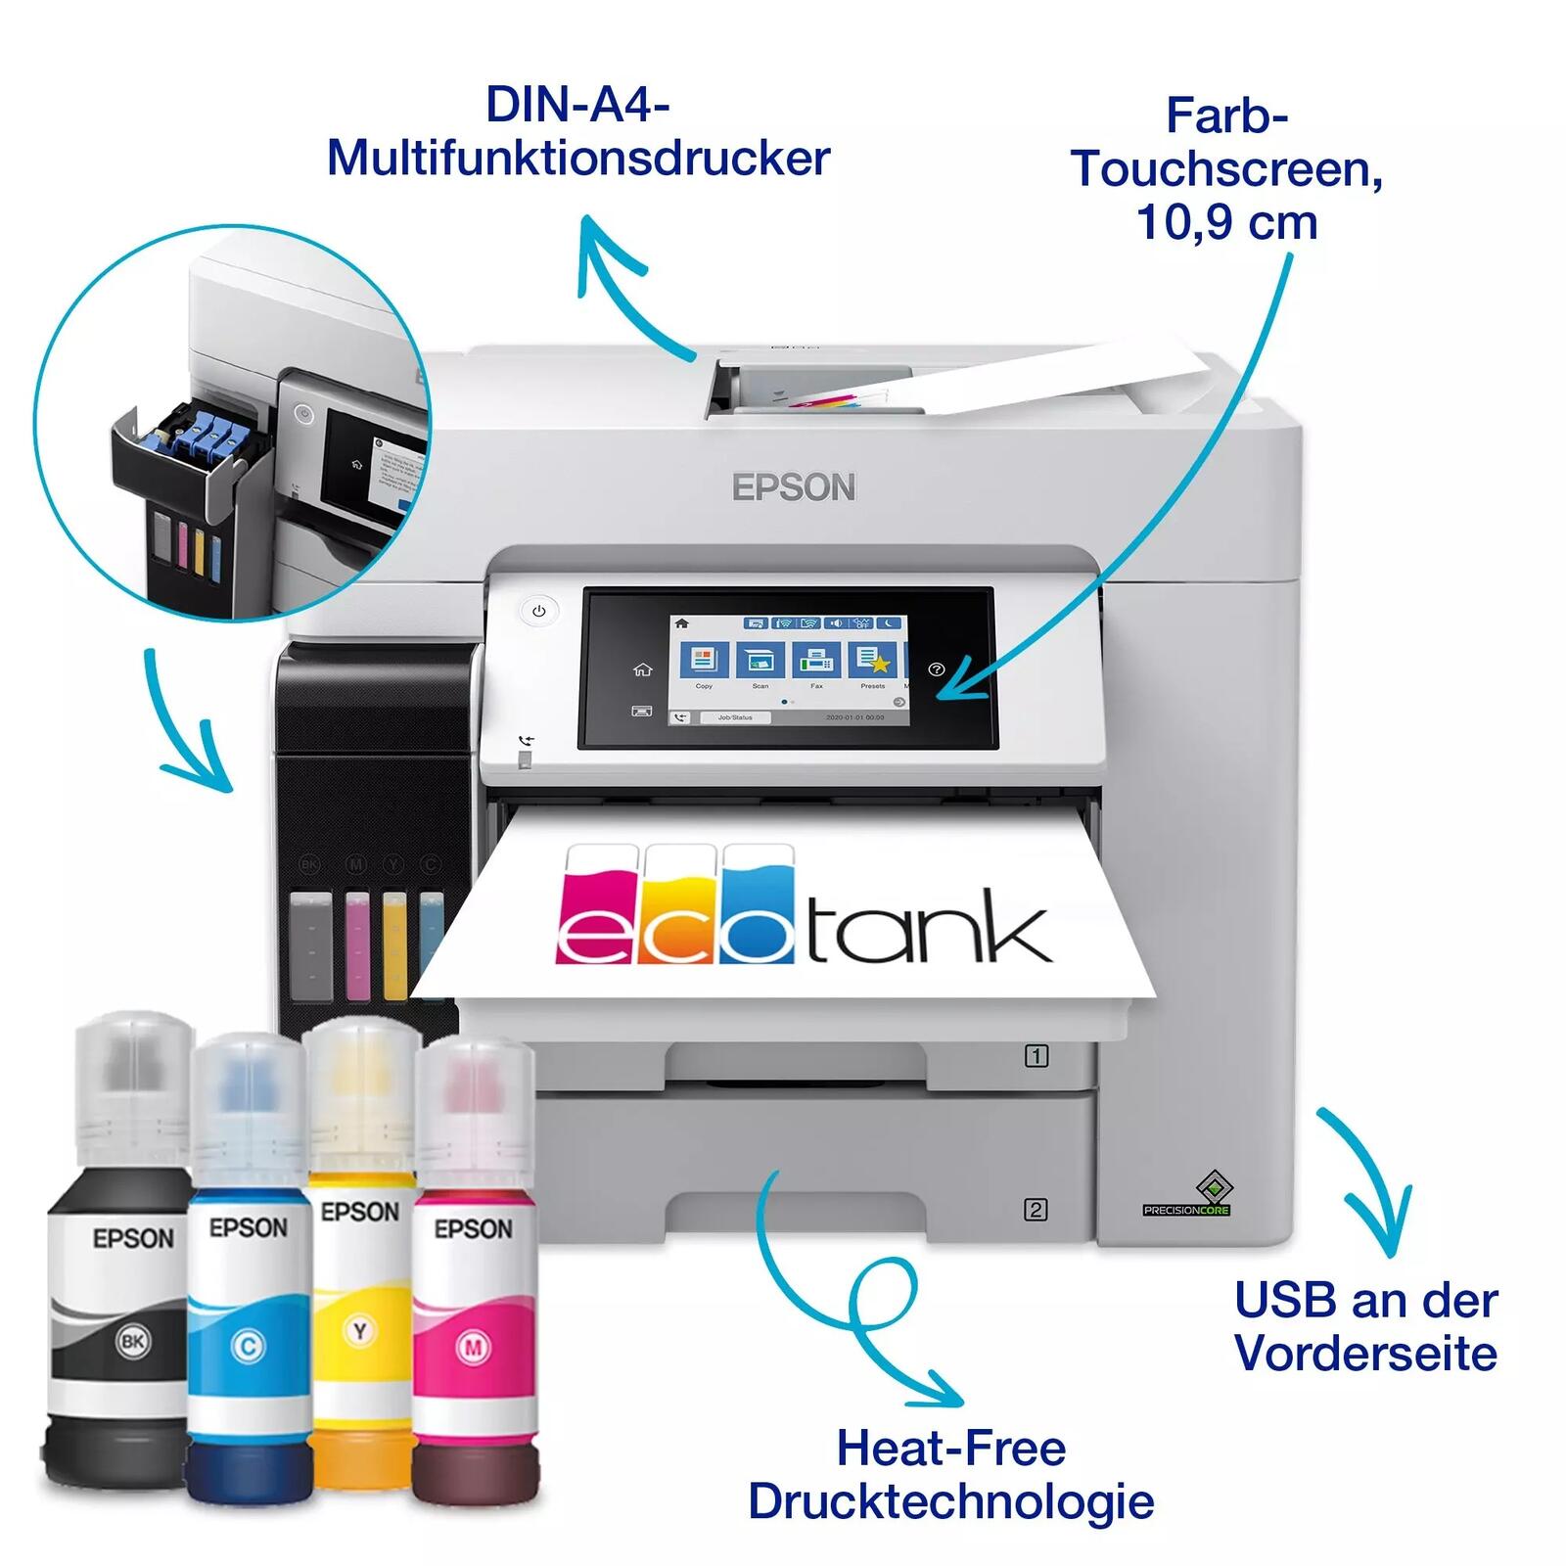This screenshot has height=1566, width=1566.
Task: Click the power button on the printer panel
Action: pos(538,611)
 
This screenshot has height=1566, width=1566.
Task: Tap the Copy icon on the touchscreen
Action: pos(704,661)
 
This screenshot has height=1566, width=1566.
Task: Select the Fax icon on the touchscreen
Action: pos(816,661)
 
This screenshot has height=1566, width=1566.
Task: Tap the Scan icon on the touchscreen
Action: pos(760,661)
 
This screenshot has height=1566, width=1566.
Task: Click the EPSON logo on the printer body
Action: pos(794,487)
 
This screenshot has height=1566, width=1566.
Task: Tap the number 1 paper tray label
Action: pos(1036,1056)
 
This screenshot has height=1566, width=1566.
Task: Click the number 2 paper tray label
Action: pos(1036,1210)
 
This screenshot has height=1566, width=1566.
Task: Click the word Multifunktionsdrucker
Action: pos(578,159)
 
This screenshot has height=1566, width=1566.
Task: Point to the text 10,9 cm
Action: pos(1226,222)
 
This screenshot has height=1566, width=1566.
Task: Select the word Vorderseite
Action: pos(1365,1354)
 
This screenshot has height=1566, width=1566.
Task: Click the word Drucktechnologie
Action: pos(950,1501)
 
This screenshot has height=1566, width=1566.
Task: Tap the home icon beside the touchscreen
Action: pos(642,669)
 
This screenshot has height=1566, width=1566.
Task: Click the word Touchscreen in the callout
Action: pos(1226,168)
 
